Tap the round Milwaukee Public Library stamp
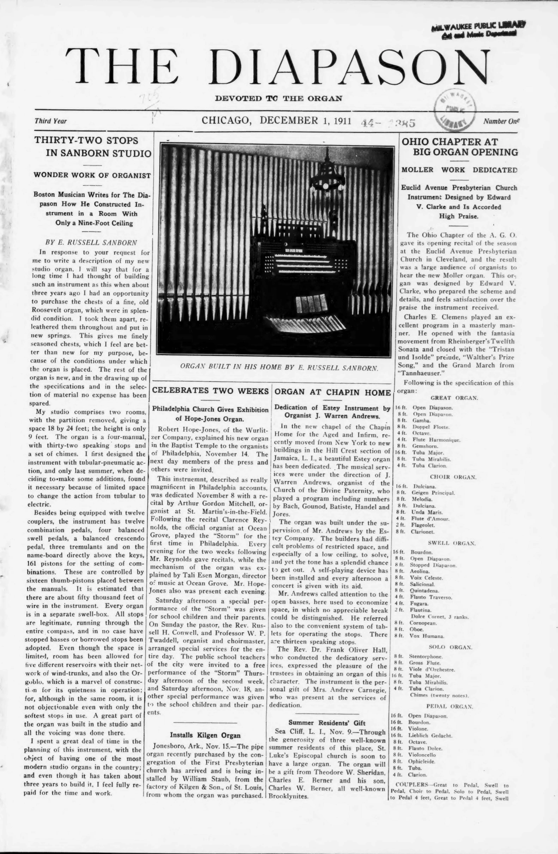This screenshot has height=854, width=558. click(455, 108)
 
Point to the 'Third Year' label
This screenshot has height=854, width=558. click(51, 121)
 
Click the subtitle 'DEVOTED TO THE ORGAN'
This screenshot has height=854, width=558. click(278, 98)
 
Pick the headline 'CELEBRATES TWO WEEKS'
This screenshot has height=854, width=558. click(211, 391)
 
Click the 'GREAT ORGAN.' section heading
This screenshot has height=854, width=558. click(454, 398)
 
